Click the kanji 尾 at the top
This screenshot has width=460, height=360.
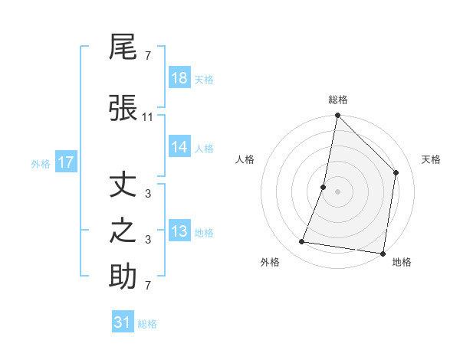123,47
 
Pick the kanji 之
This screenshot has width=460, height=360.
123,231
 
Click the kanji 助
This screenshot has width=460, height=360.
123,277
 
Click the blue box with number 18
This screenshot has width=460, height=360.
179,78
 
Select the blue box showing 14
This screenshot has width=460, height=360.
179,147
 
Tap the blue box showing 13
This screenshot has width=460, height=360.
179,231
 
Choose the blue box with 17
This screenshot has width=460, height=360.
65,162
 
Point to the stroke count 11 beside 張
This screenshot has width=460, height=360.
148,116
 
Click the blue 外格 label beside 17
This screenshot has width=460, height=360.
41,163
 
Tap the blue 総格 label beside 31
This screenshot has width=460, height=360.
147,324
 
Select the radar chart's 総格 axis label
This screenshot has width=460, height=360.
338,100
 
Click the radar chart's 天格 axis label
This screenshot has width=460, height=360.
431,159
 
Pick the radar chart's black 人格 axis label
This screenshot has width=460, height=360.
245,159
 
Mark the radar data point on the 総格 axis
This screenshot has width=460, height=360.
337,116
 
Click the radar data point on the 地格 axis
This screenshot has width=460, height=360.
383,253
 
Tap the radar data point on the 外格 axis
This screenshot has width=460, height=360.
302,242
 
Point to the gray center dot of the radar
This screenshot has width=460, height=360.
337,191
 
